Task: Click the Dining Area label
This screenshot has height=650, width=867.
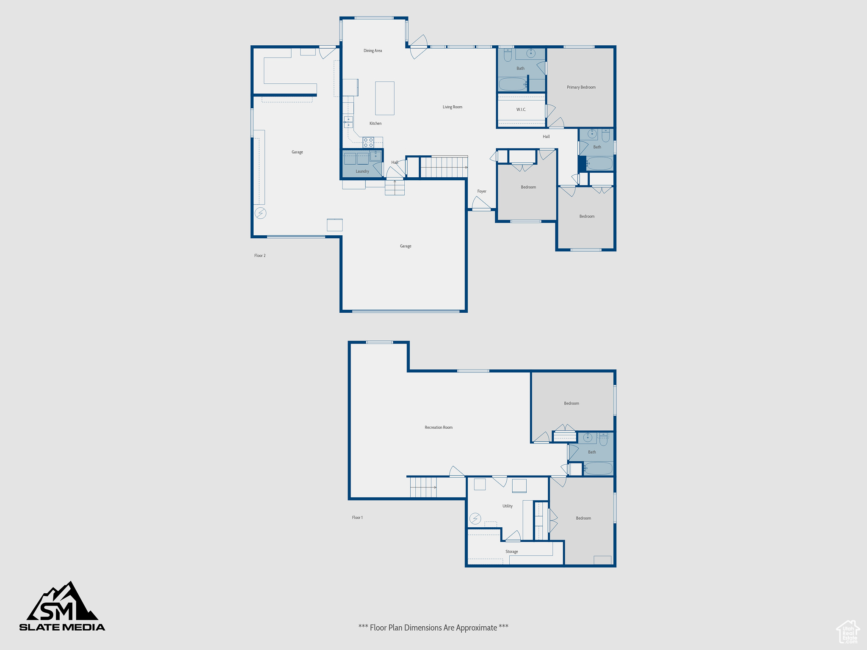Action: tap(373, 51)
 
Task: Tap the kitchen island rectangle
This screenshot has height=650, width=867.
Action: tap(384, 98)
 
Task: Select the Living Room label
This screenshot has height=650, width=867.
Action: tap(452, 107)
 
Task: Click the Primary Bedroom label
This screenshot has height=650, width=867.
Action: tap(581, 87)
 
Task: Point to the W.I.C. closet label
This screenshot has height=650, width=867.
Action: tap(521, 110)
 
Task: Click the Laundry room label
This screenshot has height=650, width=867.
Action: tap(362, 171)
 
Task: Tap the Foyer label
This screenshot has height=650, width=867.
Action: tap(481, 191)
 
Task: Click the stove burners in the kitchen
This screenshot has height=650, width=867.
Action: tap(368, 142)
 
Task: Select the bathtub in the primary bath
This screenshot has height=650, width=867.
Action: tap(512, 84)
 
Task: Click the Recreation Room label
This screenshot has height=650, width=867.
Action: tap(438, 427)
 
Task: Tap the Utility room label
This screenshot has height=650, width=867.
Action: tap(507, 506)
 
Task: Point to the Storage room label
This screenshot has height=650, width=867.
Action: tap(511, 551)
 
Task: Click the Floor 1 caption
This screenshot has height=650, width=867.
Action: tap(357, 518)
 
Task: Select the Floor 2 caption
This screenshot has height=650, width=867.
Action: tap(260, 256)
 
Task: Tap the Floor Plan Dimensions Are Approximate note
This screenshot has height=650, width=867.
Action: tap(433, 628)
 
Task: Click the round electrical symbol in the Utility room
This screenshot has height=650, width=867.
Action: tap(475, 518)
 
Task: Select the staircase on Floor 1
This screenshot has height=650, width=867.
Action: tap(423, 487)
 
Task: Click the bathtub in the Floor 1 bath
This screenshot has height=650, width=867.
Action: tap(598, 468)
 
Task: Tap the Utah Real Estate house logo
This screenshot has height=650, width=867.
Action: tap(848, 632)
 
